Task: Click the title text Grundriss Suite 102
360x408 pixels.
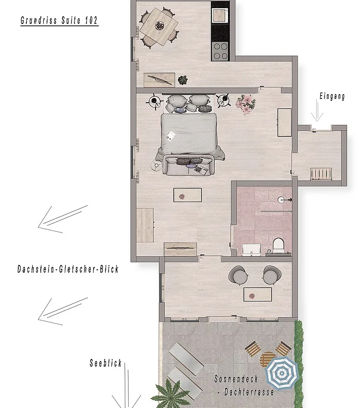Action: click(60, 20)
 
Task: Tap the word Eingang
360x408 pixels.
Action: click(332, 96)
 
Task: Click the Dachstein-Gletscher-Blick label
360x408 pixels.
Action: click(68, 269)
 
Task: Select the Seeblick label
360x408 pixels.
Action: click(106, 363)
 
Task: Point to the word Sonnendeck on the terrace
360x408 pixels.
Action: click(236, 379)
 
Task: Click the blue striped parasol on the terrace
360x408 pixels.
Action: click(282, 373)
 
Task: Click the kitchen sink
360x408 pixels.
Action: click(219, 15)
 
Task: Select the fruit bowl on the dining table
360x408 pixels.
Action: click(159, 25)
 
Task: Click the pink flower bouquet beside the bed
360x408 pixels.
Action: click(246, 104)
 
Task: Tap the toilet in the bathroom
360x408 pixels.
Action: click(278, 245)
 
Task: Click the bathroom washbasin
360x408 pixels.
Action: click(251, 250)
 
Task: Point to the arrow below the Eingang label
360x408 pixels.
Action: click(317, 110)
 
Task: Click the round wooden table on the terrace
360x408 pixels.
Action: click(268, 359)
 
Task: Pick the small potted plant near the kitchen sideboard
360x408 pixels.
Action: click(182, 80)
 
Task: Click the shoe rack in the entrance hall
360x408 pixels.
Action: click(321, 174)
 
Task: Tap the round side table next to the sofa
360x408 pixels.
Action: click(156, 165)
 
